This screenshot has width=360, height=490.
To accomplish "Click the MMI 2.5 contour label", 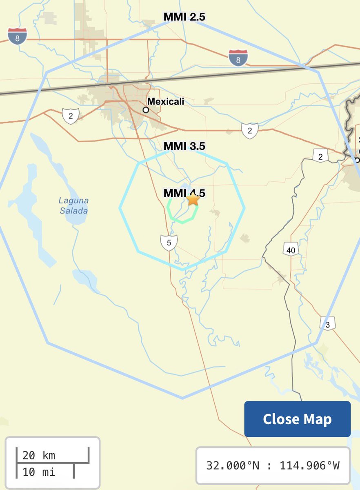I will point(184,17).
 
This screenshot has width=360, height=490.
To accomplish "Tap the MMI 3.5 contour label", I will point(184,146).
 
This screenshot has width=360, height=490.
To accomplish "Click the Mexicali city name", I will point(166,101).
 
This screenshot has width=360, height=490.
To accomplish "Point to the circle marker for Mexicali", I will point(146,110).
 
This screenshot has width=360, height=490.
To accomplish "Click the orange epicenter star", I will point(193,200).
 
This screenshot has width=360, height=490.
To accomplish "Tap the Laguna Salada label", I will point(73,206).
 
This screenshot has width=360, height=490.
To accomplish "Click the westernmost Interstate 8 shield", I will point(18,36).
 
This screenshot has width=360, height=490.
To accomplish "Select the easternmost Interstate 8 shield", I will point(238,58).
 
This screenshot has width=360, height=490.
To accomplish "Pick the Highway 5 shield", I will point(169,243).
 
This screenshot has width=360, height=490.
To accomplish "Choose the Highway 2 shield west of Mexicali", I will point(70,116).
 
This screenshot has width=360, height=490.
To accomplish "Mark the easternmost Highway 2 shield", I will point(320,156).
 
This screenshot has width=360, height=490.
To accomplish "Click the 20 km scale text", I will point(39,455).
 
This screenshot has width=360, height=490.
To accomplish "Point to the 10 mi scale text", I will point(39,472).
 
